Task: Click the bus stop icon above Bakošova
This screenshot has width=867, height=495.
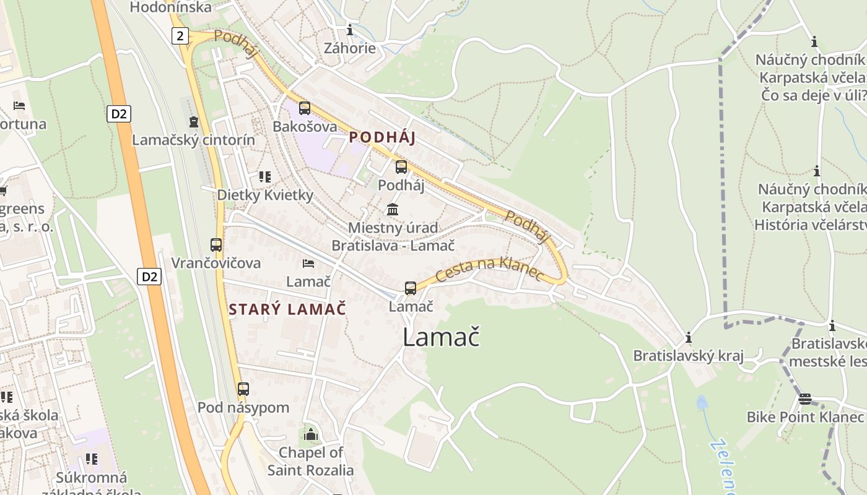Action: [304, 108]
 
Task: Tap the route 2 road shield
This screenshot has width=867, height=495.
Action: [180, 36]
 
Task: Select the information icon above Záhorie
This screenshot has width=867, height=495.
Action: [350, 30]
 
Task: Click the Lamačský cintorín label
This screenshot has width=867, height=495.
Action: [193, 140]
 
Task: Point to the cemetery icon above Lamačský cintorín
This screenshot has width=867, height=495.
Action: [194, 121]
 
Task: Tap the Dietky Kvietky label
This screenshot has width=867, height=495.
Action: [265, 195]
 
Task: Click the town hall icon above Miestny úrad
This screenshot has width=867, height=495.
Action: [393, 209]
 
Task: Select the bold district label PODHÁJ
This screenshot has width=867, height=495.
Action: [382, 137]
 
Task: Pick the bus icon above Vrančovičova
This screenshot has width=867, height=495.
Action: [216, 245]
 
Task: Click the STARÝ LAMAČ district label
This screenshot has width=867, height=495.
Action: [287, 309]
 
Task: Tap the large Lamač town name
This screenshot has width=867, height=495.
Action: [441, 337]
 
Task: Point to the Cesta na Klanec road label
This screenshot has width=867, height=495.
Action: [489, 270]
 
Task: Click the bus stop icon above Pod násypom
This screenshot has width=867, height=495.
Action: [243, 389]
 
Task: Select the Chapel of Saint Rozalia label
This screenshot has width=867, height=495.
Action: [311, 461]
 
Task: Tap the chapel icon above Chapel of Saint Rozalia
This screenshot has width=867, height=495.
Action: [311, 434]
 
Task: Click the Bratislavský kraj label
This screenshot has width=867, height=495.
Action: [688, 356]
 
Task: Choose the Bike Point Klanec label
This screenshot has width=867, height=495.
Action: [805, 416]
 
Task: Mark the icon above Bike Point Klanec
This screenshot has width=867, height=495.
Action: [804, 399]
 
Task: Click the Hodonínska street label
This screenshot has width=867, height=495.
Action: [171, 7]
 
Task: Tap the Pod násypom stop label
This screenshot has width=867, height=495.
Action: [243, 408]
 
